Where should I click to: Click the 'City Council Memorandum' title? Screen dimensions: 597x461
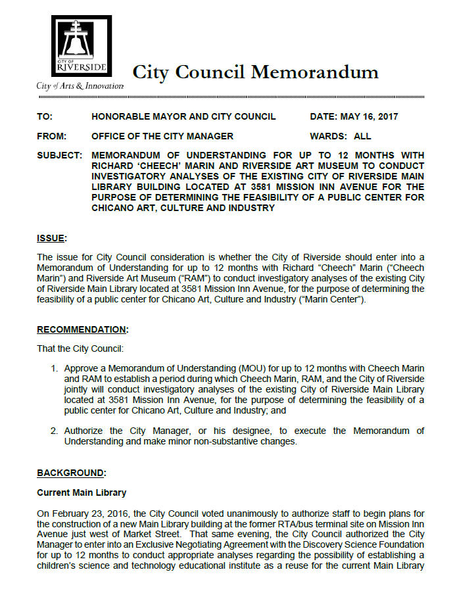[x=255, y=72]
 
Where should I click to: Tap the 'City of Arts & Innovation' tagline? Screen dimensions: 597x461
[x=80, y=86]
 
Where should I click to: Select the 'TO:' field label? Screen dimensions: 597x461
[x=44, y=117]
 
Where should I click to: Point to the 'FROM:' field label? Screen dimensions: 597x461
[x=51, y=136]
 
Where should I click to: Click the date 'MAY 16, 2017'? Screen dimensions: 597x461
[x=369, y=117]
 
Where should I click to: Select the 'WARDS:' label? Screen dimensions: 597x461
[x=328, y=136]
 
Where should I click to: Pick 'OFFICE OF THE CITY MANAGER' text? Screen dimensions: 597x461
[x=162, y=136]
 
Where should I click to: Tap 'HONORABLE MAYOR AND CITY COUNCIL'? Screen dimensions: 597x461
[x=183, y=117]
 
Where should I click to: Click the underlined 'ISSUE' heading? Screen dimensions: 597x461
[x=51, y=237]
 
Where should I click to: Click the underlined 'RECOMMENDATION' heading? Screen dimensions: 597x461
[x=82, y=329]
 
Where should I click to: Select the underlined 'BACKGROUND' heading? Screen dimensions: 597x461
[x=70, y=472]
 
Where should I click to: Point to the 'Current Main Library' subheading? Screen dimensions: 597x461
[x=82, y=492]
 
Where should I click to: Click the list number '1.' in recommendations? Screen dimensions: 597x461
[x=55, y=368]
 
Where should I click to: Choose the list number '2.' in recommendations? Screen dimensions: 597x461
[x=55, y=431]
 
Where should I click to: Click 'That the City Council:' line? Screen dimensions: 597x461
[x=80, y=348]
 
